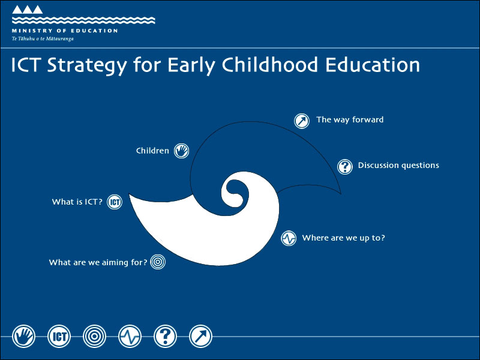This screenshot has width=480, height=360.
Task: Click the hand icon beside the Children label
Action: coord(182,151)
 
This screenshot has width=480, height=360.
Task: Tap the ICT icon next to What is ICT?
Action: coord(115,202)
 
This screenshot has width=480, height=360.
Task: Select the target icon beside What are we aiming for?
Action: coord(158,262)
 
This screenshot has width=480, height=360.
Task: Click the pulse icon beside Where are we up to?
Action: coord(289,238)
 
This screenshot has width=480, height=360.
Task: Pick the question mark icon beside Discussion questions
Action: coord(345,167)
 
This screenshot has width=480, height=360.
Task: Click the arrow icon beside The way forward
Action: coord(302,121)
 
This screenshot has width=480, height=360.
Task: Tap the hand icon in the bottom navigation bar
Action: coord(23,337)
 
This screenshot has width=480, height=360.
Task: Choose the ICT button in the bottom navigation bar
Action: coord(59,337)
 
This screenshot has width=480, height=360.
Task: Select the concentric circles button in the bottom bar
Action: coord(95,337)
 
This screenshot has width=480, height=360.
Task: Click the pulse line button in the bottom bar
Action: coord(130,337)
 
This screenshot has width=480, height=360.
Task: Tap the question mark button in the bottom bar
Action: coord(166,337)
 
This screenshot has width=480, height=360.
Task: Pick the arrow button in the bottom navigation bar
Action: coord(200,337)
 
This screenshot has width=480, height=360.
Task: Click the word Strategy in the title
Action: coord(87,65)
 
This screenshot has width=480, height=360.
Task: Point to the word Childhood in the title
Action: coord(270,65)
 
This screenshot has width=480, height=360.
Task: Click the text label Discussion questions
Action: coord(398,166)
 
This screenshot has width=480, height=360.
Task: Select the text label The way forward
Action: coord(350,119)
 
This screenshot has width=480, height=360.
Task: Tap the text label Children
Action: coord(152,151)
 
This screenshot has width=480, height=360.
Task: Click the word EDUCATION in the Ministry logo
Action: coord(94,31)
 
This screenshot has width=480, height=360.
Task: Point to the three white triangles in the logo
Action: coord(27,10)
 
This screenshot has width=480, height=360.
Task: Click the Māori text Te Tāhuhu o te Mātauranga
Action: coord(43,39)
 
